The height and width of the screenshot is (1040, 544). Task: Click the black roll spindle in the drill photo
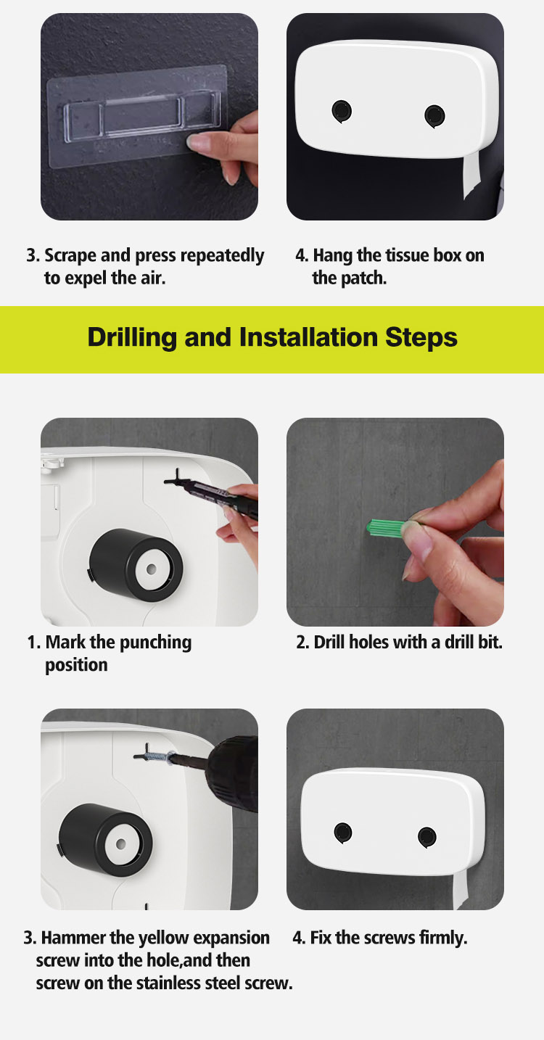[106, 839]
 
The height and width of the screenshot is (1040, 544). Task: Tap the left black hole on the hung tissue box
[342, 111]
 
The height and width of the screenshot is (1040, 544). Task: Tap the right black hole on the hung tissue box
[434, 115]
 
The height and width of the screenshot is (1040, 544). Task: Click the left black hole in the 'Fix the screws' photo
[343, 833]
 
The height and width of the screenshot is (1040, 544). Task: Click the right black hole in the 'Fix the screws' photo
[427, 837]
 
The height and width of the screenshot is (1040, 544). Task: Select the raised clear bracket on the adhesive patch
[142, 115]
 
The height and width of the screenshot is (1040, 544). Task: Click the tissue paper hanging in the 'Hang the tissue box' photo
[472, 176]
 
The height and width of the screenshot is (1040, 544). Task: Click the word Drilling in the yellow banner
[132, 337]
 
